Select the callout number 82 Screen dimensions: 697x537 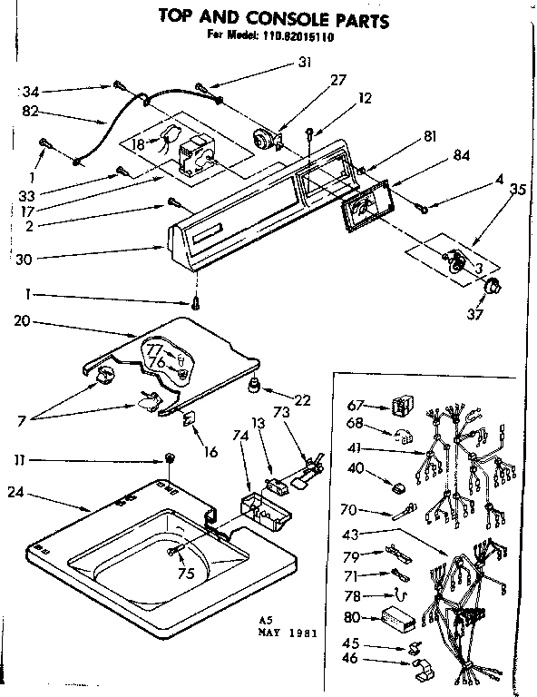click(28, 113)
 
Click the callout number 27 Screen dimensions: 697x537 click(338, 81)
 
